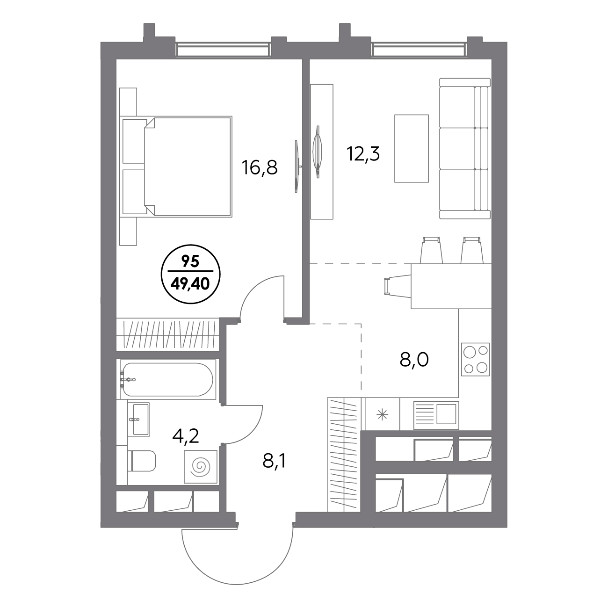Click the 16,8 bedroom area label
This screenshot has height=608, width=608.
260,167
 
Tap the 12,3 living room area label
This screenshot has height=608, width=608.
363,154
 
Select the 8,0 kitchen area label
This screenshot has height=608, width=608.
414,360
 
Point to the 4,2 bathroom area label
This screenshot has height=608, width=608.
186,436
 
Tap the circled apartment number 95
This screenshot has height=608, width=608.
190,261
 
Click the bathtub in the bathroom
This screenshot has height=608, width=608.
168,379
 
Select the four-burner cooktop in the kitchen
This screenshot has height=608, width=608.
475,359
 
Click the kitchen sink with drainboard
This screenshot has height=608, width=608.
436,415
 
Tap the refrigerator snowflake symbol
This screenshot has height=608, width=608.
382,414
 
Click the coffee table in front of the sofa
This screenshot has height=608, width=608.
412,148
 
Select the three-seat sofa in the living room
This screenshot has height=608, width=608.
465,148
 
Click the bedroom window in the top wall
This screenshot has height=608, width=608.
224,50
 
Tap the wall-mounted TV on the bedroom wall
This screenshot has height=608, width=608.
297,166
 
